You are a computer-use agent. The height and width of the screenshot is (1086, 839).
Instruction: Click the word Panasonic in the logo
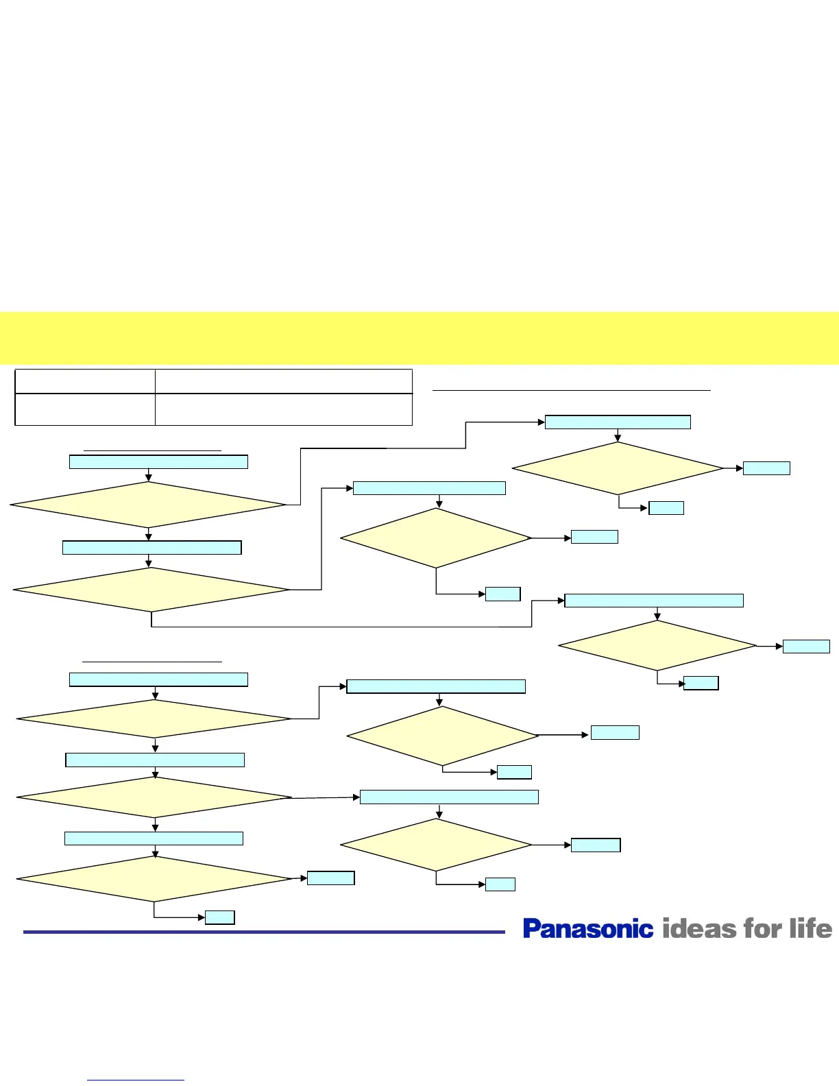coord(588,929)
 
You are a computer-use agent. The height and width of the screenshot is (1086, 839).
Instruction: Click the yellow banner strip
coord(419,338)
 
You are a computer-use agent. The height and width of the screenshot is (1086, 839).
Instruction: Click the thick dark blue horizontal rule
coord(264,932)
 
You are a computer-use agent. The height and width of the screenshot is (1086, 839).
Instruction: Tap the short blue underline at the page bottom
coord(136,1081)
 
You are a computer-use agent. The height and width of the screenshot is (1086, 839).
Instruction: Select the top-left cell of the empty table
coord(85,381)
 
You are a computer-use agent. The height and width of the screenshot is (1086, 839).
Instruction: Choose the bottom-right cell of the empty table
coord(284,409)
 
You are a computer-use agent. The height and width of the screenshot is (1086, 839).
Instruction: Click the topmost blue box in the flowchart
coord(618,422)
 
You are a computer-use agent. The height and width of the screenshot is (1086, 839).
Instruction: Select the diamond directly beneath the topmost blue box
coord(618,468)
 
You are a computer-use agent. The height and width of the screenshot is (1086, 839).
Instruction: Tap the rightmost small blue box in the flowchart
coord(806,647)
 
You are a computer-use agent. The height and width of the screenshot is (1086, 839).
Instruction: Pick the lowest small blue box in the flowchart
coord(220,917)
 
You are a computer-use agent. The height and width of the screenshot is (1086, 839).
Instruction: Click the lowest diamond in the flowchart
coord(155,879)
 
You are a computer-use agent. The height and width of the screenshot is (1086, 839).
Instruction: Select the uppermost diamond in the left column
coord(148,505)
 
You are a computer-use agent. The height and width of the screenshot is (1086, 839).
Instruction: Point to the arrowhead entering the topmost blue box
coord(541,422)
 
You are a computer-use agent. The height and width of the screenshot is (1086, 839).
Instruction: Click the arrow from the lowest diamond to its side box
coord(300,878)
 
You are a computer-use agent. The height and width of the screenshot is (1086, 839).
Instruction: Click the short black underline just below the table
coord(152,450)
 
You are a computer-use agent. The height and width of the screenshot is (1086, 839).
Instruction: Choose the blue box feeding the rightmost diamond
coord(654,601)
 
